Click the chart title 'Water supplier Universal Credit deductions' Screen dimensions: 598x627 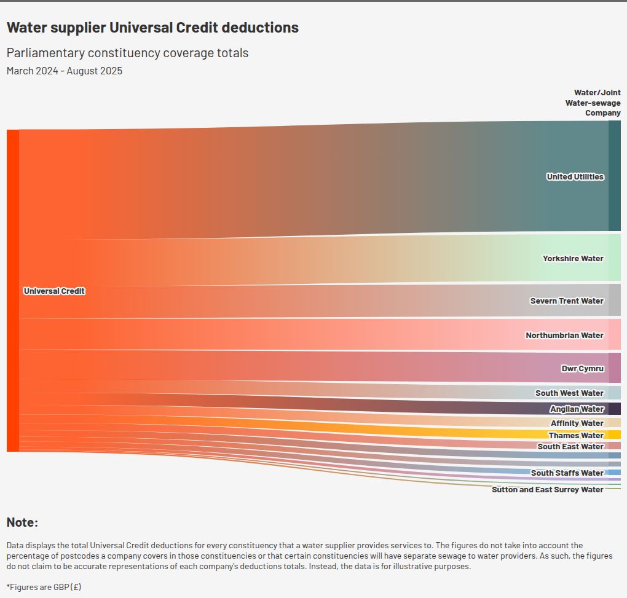pyautogui.click(x=152, y=28)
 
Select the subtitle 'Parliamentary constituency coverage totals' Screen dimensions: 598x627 pyautogui.click(x=127, y=53)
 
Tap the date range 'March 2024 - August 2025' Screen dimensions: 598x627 pyautogui.click(x=65, y=71)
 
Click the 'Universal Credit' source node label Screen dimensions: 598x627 pyautogui.click(x=54, y=291)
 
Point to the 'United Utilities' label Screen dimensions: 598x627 pyautogui.click(x=575, y=177)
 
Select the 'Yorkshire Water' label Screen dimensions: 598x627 pyautogui.click(x=573, y=259)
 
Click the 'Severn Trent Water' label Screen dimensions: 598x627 pyautogui.click(x=567, y=301)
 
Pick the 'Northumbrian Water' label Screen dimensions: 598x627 pyautogui.click(x=564, y=336)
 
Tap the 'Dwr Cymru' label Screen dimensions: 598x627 pyautogui.click(x=582, y=369)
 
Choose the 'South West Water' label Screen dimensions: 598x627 pyautogui.click(x=569, y=393)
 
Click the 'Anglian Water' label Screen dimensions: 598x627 pyautogui.click(x=577, y=409)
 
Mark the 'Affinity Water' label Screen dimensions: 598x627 pyautogui.click(x=577, y=423)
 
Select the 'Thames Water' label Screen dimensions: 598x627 pyautogui.click(x=576, y=436)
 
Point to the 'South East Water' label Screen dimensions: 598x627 pyautogui.click(x=570, y=447)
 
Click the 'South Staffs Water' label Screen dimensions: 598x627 pyautogui.click(x=567, y=473)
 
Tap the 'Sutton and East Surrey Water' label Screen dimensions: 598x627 pyautogui.click(x=547, y=490)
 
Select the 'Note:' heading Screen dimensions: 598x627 pyautogui.click(x=22, y=523)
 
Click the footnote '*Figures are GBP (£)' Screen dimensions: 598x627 pyautogui.click(x=44, y=587)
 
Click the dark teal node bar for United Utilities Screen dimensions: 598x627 pyautogui.click(x=614, y=176)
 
